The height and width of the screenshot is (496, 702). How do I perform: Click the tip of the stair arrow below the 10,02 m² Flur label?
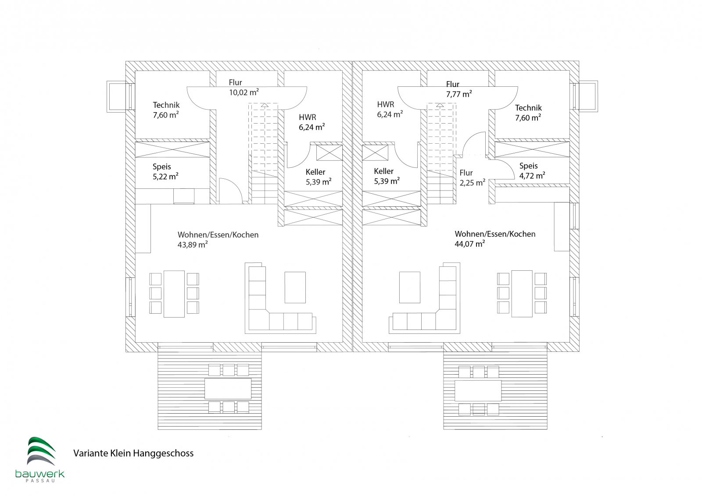[x=265, y=103]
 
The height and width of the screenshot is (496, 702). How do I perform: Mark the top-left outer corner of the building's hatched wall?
[x=125, y=61]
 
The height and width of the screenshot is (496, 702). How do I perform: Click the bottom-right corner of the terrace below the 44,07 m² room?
[x=547, y=429]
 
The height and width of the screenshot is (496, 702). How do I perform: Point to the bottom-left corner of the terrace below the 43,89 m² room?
[x=158, y=429]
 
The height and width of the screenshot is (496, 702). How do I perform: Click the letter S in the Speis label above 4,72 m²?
[x=522, y=166]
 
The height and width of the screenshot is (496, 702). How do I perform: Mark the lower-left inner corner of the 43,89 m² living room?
[x=136, y=342]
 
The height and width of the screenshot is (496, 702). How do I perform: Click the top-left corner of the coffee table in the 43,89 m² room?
[x=285, y=272]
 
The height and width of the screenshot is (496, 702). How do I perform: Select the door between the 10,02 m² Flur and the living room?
[x=230, y=191]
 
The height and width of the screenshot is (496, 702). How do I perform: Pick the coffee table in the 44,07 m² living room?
[x=410, y=287]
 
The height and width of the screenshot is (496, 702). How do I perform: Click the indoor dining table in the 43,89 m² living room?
[x=174, y=294]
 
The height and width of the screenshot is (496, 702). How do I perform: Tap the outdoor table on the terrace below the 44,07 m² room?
[x=478, y=390]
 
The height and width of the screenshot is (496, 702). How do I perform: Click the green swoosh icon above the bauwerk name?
[x=41, y=450]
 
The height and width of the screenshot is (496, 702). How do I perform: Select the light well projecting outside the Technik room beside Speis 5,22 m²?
[x=118, y=96]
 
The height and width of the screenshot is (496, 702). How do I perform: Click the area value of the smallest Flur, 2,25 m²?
[x=473, y=183]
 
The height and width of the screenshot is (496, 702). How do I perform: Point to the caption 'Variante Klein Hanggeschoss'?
[x=133, y=453]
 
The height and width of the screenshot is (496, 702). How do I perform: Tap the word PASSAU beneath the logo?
[x=40, y=481]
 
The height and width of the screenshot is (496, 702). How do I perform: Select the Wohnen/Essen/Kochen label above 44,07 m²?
[x=495, y=234]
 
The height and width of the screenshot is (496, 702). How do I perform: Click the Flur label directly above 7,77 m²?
[x=452, y=84]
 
